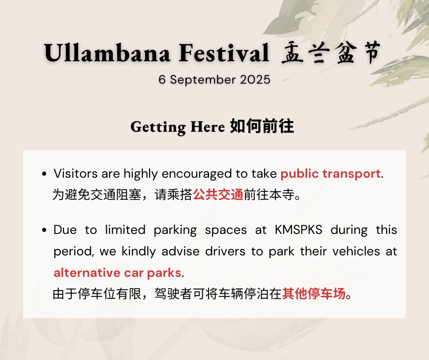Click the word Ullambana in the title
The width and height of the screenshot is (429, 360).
tap(107, 53)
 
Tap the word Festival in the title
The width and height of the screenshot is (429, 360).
tap(224, 53)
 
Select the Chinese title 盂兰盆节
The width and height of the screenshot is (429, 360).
tap(331, 53)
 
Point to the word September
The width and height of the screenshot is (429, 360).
tap(203, 80)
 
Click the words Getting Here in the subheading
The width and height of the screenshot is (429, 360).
tap(178, 127)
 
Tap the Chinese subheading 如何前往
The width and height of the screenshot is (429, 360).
tap(262, 126)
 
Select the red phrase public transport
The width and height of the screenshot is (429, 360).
tap(330, 174)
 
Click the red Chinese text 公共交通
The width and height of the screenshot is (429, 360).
tap(218, 195)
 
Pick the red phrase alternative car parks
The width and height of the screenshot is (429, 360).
tap(117, 273)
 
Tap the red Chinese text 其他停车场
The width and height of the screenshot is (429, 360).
tap(314, 294)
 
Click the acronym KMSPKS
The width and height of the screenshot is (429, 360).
tap(298, 230)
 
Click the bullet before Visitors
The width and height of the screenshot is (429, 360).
tap(44, 174)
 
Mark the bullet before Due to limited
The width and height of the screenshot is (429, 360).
tap(44, 230)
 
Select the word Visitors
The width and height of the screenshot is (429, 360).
tap(75, 174)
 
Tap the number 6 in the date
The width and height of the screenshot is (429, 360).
tap(162, 80)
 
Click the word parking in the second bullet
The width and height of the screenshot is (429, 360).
tap(175, 230)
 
